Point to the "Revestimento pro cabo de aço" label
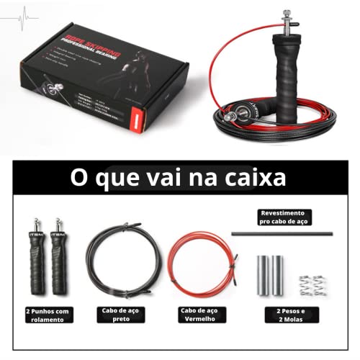tap(282, 218)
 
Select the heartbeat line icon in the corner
tap(26, 14)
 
